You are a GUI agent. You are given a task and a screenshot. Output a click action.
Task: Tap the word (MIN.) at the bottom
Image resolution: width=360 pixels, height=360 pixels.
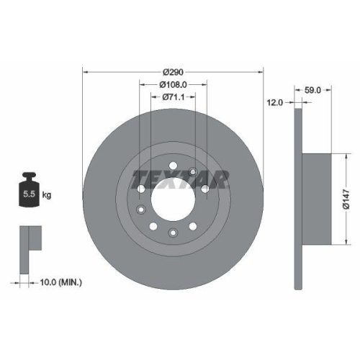(x=68, y=282)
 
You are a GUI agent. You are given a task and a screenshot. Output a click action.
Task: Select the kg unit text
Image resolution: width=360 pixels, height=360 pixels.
(x=47, y=195)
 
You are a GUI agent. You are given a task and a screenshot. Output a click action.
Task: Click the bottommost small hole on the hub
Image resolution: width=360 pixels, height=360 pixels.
(x=173, y=232)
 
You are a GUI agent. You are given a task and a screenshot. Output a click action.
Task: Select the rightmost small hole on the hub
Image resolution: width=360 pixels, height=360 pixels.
(x=205, y=189)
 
